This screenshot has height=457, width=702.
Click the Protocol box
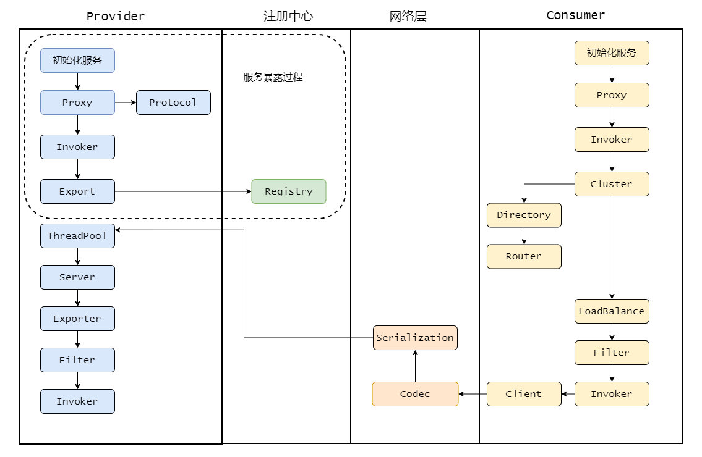(173, 103)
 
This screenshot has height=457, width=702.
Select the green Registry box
(289, 191)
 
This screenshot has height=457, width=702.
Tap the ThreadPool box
(77, 236)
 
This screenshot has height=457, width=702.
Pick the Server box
(77, 277)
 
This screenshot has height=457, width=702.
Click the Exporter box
(77, 319)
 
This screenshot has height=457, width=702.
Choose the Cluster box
(612, 184)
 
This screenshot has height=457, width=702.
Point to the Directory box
(524, 215)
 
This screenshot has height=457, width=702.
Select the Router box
(524, 256)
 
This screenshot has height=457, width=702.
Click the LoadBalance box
(612, 311)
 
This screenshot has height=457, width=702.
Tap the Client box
(524, 394)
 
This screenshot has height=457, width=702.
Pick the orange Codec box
(416, 394)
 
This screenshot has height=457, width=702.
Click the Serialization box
(416, 338)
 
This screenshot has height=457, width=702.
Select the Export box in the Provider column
(77, 191)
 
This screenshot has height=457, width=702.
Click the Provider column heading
(116, 16)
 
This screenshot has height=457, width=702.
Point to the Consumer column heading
(576, 15)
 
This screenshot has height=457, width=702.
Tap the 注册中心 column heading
(288, 16)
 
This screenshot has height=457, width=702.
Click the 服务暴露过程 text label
(273, 77)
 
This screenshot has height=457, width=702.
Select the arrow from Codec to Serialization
(416, 366)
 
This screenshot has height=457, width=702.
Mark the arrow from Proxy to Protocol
(126, 103)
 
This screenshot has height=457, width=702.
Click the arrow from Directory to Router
(524, 236)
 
